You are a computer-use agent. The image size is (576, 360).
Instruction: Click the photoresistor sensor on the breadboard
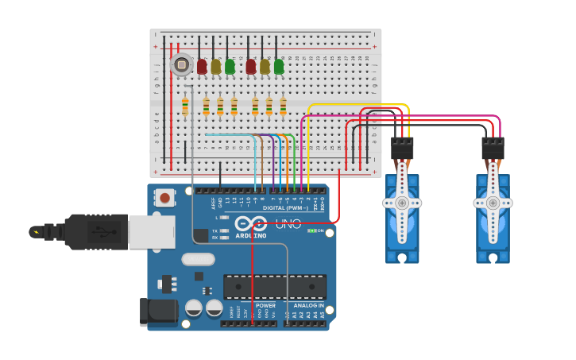click(181, 64)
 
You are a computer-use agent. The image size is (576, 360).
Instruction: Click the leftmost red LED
click(202, 67)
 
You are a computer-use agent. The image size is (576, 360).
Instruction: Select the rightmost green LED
click(279, 67)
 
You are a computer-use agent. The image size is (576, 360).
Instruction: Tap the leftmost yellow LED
click(216, 67)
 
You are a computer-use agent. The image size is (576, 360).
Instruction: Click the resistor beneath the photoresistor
click(185, 106)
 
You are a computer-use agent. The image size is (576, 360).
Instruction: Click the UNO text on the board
click(288, 224)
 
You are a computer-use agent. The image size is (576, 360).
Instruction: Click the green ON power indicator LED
click(314, 230)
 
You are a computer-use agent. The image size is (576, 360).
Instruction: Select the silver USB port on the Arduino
click(151, 231)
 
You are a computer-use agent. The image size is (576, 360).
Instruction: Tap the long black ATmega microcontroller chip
click(274, 286)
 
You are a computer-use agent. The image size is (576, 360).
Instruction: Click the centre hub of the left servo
click(402, 203)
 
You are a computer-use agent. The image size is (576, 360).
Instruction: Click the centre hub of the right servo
click(493, 203)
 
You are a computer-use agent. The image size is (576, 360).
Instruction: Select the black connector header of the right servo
click(493, 148)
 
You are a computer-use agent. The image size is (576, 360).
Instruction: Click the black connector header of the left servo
click(402, 148)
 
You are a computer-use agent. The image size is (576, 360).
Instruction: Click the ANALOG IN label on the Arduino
click(309, 305)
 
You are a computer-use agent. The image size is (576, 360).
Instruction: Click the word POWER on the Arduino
click(266, 305)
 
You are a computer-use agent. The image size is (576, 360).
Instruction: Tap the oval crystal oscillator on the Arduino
click(198, 259)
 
